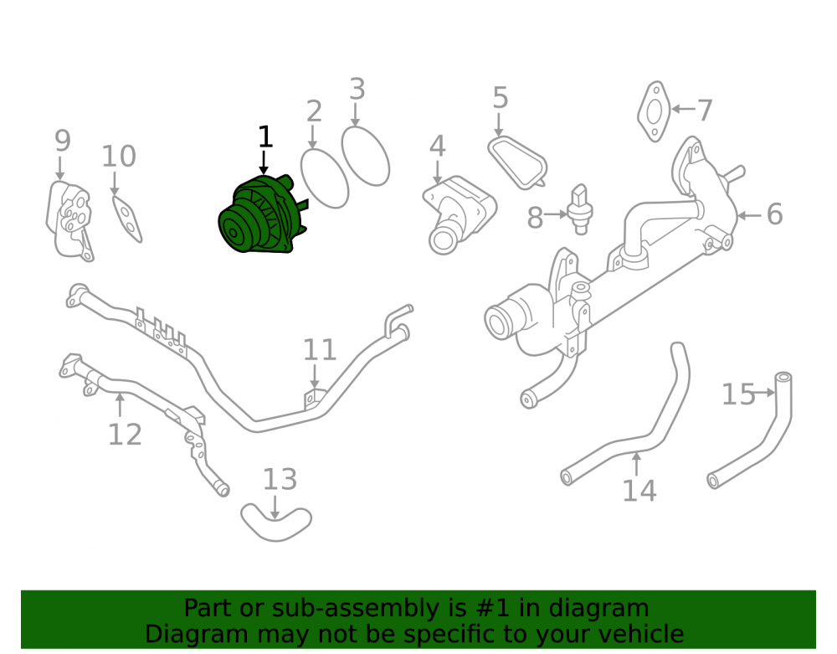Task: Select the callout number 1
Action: [265, 137]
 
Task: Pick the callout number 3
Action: [357, 89]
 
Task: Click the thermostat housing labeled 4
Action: [458, 214]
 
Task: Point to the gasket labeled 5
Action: [516, 162]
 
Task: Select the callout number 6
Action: [774, 214]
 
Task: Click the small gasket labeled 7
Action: [654, 111]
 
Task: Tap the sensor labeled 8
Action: [580, 209]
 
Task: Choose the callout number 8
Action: [535, 218]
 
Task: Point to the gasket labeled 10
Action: [127, 219]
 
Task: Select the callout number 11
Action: [320, 350]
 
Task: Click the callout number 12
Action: [125, 435]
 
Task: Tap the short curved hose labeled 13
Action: [276, 523]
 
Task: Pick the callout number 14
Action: [639, 491]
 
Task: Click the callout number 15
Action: [738, 394]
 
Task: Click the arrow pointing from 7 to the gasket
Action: [683, 109]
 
